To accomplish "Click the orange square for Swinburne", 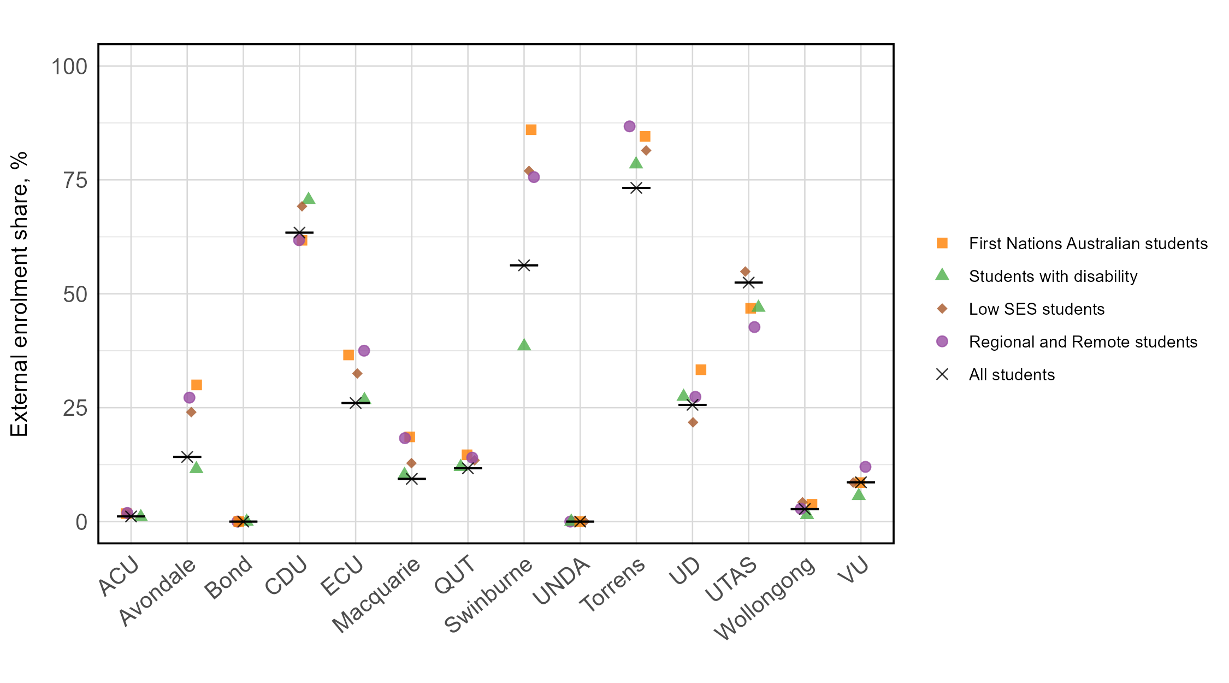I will pos(531,129).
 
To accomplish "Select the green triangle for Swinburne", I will pos(524,345).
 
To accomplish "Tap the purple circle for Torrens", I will pos(629,126).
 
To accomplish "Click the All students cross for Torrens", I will pos(636,188).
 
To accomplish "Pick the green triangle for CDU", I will pos(309,198).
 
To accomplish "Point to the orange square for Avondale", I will pos(197,385).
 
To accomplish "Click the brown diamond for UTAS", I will pos(745,272).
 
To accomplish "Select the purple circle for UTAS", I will pos(754,327).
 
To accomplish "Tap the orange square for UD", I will pos(701,370).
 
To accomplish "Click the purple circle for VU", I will pos(865,467).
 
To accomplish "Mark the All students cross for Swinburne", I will pos(524,266).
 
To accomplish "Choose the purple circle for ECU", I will pos(364,351).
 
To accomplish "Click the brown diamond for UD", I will pos(693,422).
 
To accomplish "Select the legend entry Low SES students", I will pos(1036,309).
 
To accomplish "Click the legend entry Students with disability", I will pos(1053,276).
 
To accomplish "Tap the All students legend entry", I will pos(1012,375).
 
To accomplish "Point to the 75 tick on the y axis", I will pos(75,180).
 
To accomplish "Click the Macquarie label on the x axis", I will pos(377,596).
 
